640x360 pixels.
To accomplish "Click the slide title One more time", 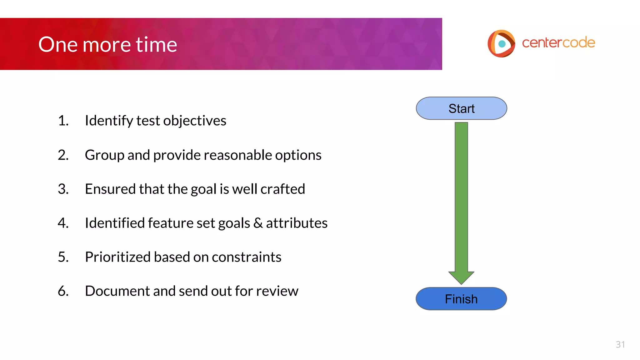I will (x=107, y=44).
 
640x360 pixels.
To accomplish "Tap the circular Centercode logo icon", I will (x=501, y=43).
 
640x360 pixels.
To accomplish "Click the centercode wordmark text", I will (x=558, y=43).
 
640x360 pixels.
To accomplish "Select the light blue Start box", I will (x=461, y=108).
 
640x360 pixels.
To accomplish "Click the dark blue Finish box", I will (x=461, y=299).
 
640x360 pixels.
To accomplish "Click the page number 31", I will (x=620, y=344).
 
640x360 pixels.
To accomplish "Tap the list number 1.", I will (x=63, y=121).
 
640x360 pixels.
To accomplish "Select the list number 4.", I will (x=63, y=223).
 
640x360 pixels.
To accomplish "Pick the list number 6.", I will (x=63, y=291).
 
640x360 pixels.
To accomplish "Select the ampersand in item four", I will (x=258, y=223).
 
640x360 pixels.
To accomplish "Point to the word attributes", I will (x=297, y=223).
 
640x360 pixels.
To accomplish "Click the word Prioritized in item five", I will (x=118, y=257).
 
